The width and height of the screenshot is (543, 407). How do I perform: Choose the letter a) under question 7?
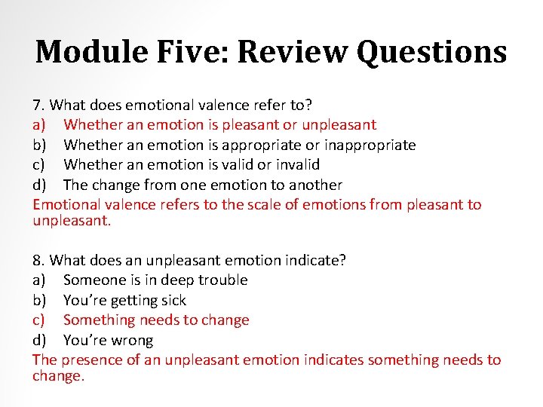coord(41,125)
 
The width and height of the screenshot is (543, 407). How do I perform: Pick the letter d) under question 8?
coord(41,340)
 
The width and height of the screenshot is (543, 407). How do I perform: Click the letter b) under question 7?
coord(41,145)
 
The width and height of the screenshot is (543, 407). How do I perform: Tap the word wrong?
coord(130,340)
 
